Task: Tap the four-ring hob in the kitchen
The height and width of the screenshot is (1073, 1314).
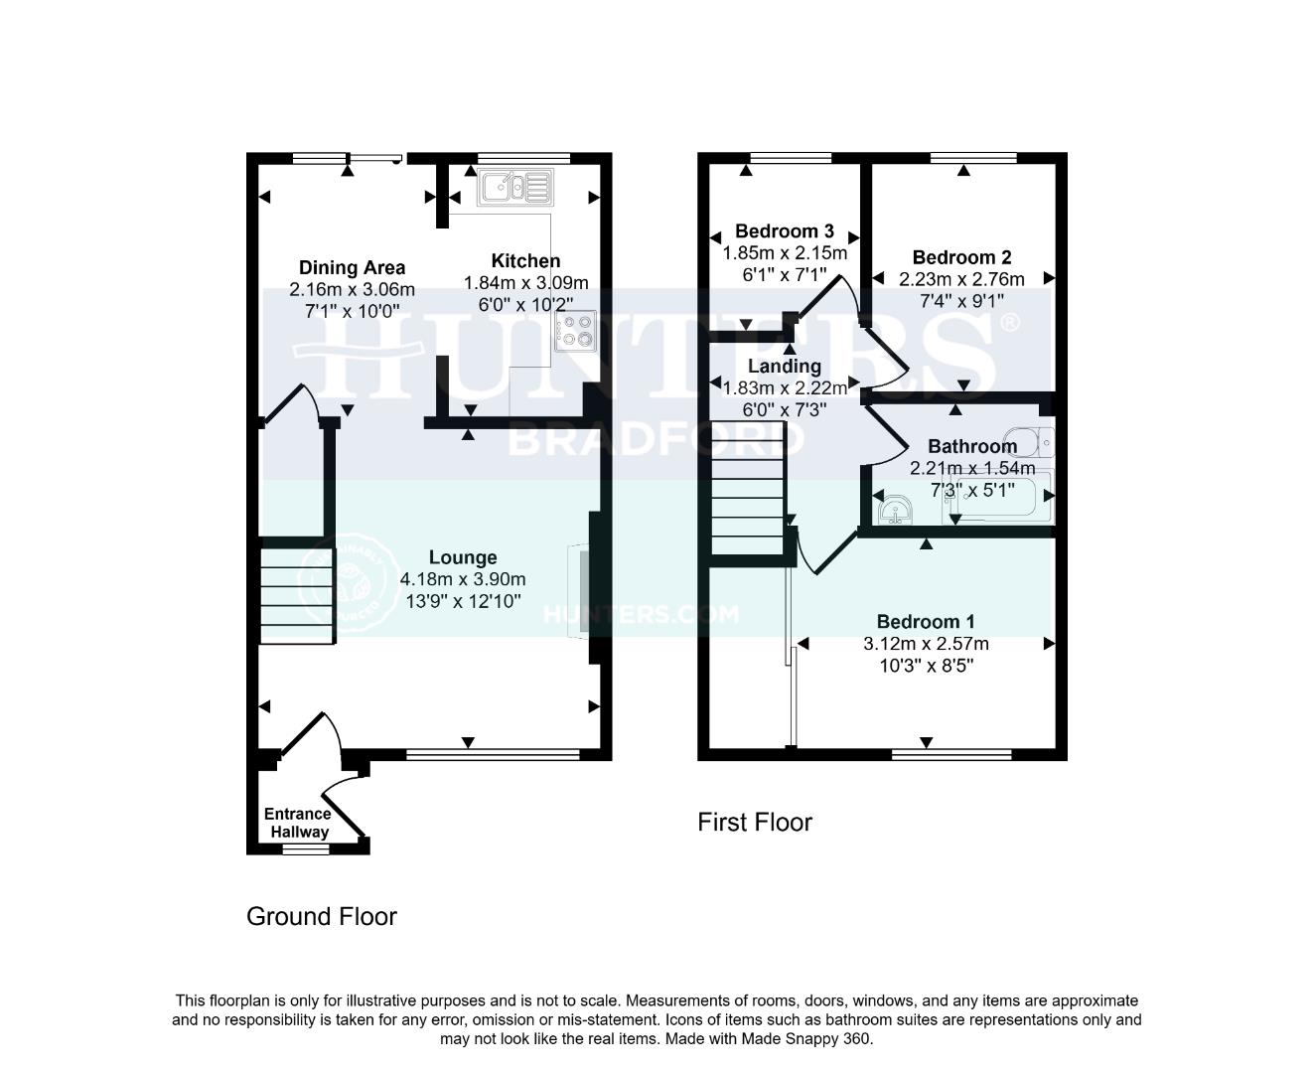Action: (577, 331)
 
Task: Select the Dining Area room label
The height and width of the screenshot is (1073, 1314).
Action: (352, 267)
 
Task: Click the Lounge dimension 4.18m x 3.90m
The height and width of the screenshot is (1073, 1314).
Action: (463, 579)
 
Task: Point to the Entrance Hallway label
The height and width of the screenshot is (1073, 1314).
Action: (297, 823)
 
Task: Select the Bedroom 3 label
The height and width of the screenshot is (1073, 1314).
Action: (784, 231)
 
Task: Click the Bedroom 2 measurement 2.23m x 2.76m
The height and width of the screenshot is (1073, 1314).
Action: (961, 279)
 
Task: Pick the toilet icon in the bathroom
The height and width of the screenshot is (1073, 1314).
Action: (1027, 438)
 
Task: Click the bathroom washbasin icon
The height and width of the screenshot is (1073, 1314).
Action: (897, 509)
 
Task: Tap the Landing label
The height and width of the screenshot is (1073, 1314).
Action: (784, 367)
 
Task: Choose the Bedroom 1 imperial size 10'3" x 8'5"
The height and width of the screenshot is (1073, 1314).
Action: (926, 666)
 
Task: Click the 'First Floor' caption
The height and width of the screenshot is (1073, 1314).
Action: (755, 823)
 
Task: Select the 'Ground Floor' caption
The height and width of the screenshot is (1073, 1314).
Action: (321, 917)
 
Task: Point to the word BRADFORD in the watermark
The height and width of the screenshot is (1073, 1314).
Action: (608, 439)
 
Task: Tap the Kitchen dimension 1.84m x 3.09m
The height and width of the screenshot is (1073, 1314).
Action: (525, 283)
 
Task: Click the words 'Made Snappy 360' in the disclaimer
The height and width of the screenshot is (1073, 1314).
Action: (812, 1039)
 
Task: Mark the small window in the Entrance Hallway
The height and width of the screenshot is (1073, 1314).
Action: (305, 849)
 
